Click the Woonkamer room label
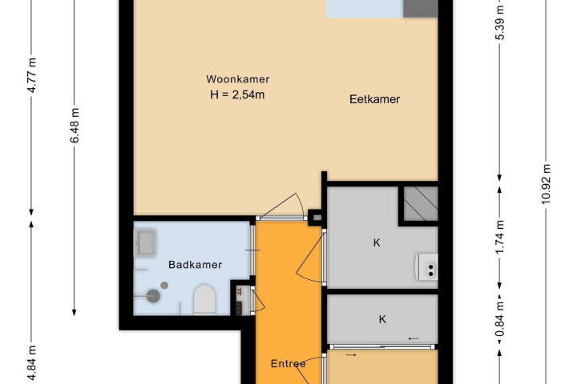pyautogui.click(x=238, y=79)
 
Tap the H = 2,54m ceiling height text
pyautogui.click(x=237, y=95)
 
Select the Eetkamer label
pyautogui.click(x=374, y=99)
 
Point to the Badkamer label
pyautogui.click(x=195, y=265)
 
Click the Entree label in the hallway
pyautogui.click(x=288, y=364)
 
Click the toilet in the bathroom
pyautogui.click(x=204, y=299)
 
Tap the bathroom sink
pyautogui.click(x=146, y=242)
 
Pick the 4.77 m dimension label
pyautogui.click(x=33, y=75)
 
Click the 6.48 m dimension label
pyautogui.click(x=75, y=126)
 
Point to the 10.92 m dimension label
pyautogui.click(x=546, y=184)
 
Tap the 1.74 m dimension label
pyautogui.click(x=499, y=237)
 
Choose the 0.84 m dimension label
pyautogui.click(x=499, y=319)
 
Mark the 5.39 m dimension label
pyautogui.click(x=499, y=22)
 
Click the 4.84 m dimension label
pyautogui.click(x=33, y=363)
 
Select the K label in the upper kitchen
pyautogui.click(x=377, y=243)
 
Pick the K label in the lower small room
pyautogui.click(x=382, y=319)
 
